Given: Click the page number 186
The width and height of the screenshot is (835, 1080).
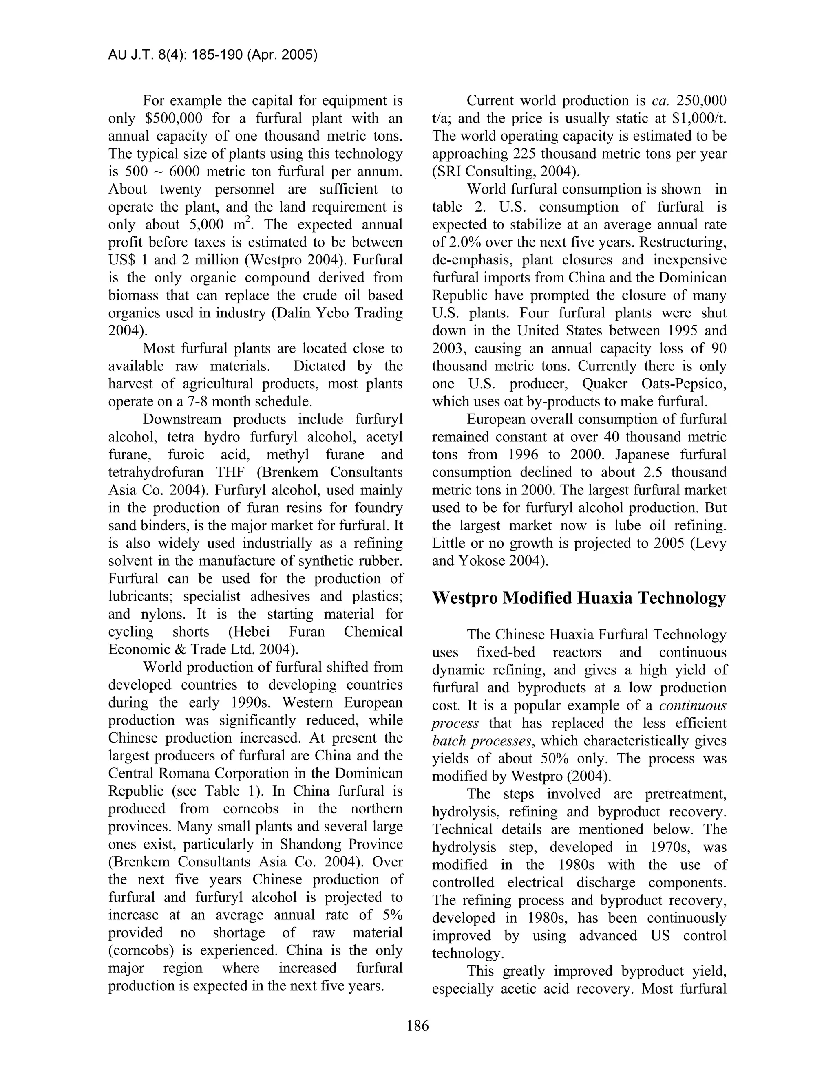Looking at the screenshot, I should click(x=417, y=1026).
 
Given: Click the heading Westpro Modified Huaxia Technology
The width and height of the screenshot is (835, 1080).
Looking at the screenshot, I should click(x=579, y=598).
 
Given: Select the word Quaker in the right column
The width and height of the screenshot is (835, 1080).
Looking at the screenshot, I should click(x=605, y=384).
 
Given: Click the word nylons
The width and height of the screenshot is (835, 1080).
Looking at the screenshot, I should click(x=155, y=614).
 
